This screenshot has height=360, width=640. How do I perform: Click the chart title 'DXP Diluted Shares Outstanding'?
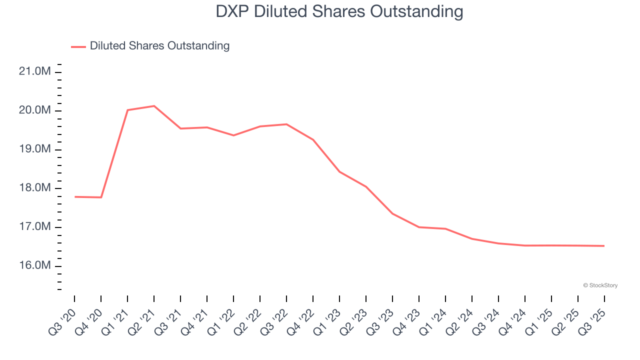339,11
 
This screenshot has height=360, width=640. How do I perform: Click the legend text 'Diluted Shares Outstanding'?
159,46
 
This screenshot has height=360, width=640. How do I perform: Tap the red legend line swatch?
78,46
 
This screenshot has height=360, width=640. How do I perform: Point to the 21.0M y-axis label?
34,71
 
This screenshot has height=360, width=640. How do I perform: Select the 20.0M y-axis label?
34,110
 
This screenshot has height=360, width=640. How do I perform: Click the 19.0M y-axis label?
34,149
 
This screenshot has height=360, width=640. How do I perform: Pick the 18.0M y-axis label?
34,188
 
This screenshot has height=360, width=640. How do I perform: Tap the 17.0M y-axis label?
34,227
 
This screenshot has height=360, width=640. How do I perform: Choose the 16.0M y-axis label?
34,265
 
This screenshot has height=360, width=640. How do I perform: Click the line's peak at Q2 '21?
154,106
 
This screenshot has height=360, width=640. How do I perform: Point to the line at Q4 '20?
101,197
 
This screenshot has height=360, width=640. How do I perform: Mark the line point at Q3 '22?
286,124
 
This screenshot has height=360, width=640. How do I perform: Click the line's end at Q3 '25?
604,246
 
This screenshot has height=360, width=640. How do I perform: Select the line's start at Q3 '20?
75,197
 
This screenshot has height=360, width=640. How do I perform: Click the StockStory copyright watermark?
600,285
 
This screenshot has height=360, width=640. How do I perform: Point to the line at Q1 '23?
339,171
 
